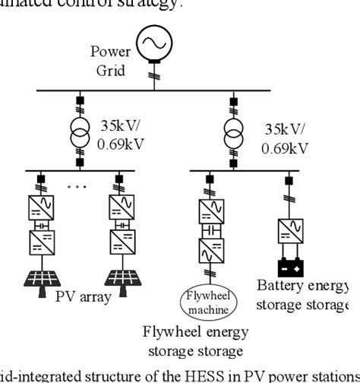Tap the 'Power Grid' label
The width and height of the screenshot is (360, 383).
point(110,60)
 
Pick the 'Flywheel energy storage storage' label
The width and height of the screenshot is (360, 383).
point(194,341)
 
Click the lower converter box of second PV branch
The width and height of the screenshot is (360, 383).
point(122,242)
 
